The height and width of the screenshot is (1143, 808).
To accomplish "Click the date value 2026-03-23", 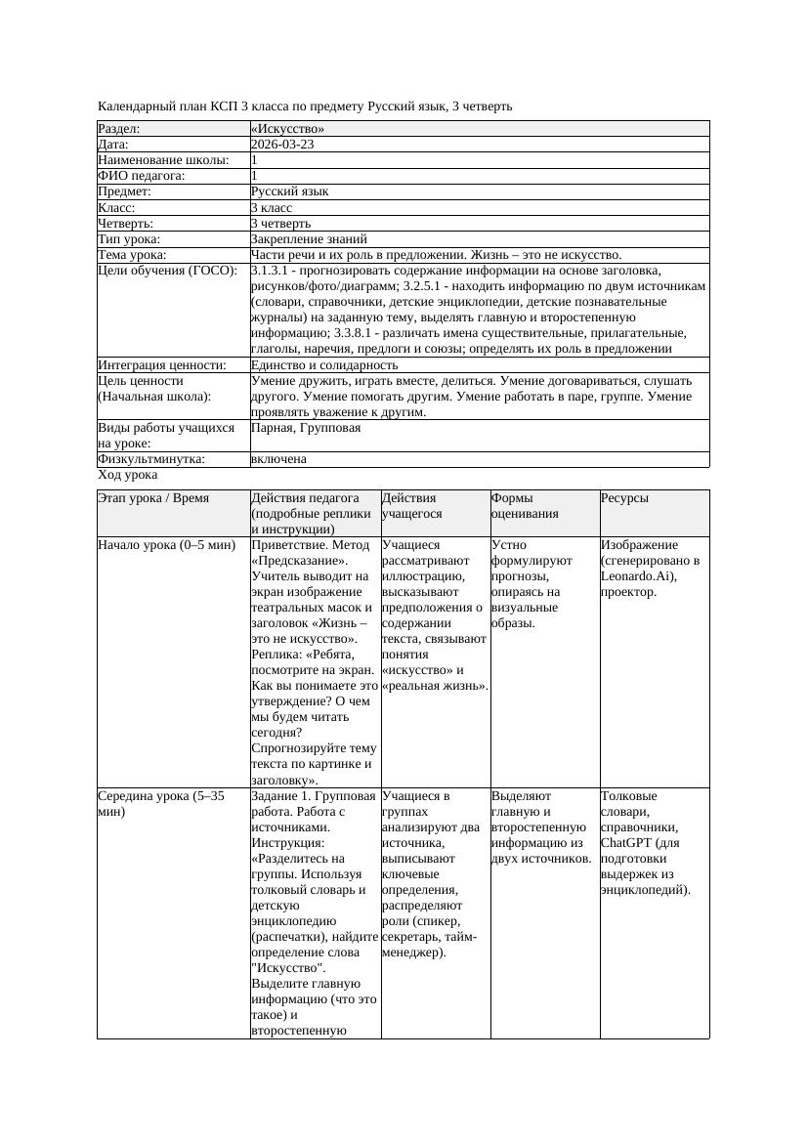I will [x=282, y=145].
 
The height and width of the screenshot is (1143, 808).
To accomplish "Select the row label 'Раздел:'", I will [x=119, y=129].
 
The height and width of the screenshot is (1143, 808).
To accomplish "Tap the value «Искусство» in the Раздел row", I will [x=287, y=129].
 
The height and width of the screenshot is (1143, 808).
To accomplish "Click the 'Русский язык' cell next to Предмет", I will [x=289, y=191].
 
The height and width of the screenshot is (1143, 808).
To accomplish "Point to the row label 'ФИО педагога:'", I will [x=142, y=176].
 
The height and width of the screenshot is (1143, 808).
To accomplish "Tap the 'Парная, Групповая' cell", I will [x=306, y=428].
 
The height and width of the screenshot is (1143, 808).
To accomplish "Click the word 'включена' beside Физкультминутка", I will [x=278, y=459].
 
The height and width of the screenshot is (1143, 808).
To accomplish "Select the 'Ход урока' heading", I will [x=128, y=475].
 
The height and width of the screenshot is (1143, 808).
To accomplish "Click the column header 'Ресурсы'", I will [x=624, y=498].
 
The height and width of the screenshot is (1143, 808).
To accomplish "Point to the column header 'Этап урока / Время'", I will [x=153, y=498].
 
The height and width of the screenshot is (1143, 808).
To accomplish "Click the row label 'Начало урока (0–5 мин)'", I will [x=167, y=545].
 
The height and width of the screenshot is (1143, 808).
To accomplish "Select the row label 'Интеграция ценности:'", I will [x=161, y=364].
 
